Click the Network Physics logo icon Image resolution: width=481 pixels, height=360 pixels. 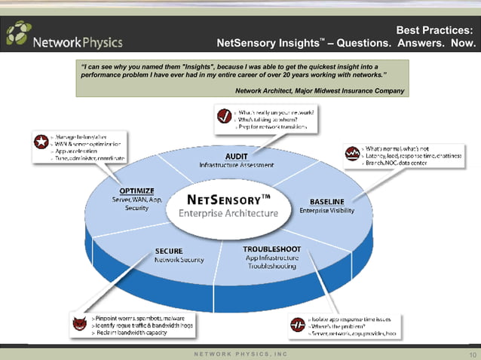click(20, 34)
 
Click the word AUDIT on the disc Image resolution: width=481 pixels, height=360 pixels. click(237, 156)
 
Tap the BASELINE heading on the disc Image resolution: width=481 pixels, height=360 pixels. click(327, 201)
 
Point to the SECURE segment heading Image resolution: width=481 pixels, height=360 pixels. click(168, 250)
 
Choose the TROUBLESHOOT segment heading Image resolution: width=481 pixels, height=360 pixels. click(272, 249)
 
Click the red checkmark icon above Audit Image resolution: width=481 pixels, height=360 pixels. click(224, 116)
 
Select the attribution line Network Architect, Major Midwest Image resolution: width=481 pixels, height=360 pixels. click(320, 91)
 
